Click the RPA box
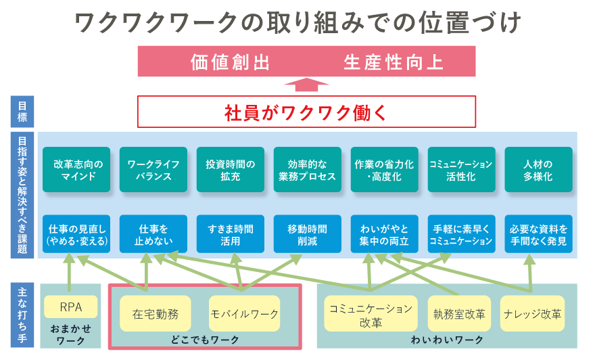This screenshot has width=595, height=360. coord(70,307)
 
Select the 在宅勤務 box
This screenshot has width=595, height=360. coord(156,314)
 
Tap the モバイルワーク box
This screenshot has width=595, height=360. coord(244,314)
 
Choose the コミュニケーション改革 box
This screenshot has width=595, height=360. coord(370,314)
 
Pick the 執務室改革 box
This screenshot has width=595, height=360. coord(460,314)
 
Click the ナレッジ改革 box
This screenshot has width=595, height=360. coord(532,314)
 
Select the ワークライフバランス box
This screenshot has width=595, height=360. coord(153,170)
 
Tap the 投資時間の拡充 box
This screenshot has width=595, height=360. coord(231,170)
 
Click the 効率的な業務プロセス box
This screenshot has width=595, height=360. coord(308,170)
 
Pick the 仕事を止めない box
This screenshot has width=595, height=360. coord(153,234)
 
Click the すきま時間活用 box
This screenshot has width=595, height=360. coord(231,234)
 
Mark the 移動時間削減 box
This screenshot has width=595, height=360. coord(308,234)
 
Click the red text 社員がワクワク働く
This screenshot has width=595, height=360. coord(306,112)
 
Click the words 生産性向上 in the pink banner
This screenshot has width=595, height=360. coord(393,62)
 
